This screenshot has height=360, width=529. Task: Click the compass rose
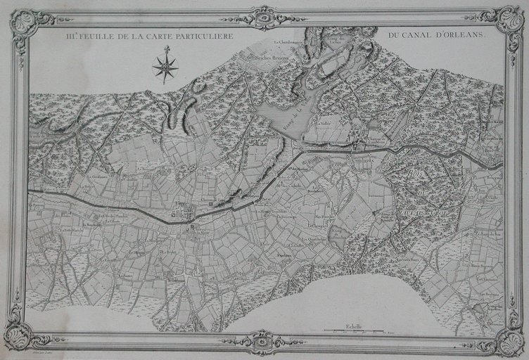coord(166,67)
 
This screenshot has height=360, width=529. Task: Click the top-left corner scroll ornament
coord(24,24)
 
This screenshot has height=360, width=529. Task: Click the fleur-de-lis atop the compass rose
coord(167,50)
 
